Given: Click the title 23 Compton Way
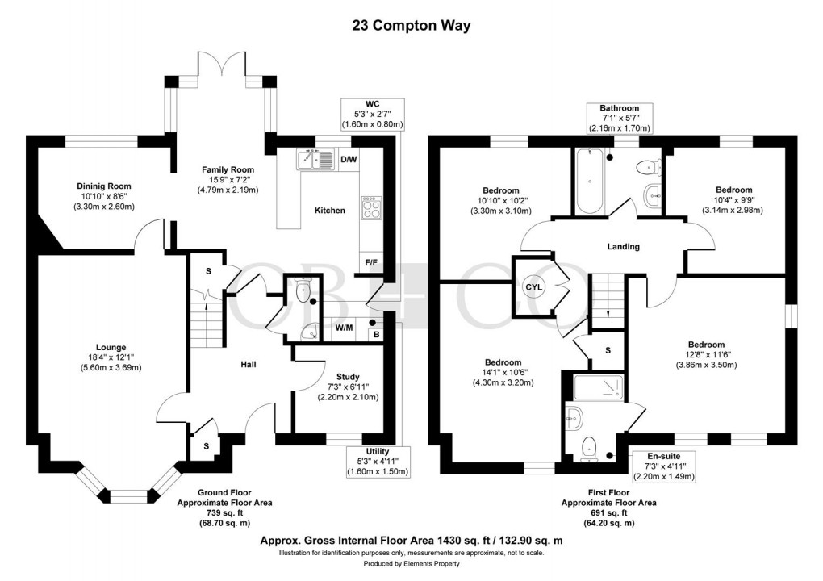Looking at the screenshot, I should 411,25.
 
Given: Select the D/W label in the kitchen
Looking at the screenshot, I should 349,160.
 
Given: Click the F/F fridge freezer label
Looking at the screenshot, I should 372,262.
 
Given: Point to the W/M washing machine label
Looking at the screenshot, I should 345,328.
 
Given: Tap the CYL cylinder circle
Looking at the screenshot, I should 533,286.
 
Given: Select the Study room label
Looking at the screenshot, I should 347,377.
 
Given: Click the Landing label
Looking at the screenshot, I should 623,247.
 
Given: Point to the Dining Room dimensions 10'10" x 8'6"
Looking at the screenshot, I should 100,196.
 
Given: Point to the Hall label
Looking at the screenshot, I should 248,365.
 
